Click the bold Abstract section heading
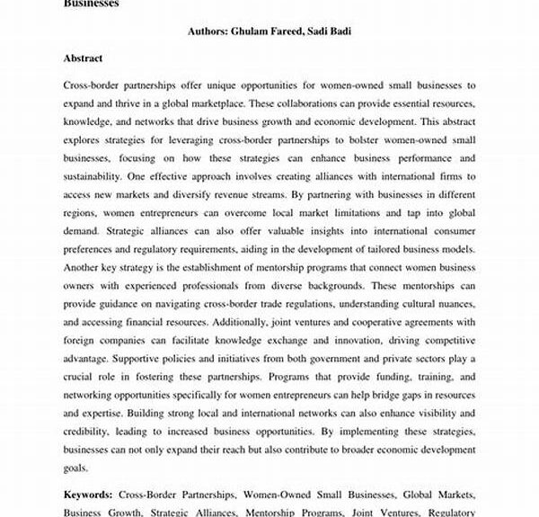click(x=84, y=58)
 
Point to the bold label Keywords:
click(x=88, y=495)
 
